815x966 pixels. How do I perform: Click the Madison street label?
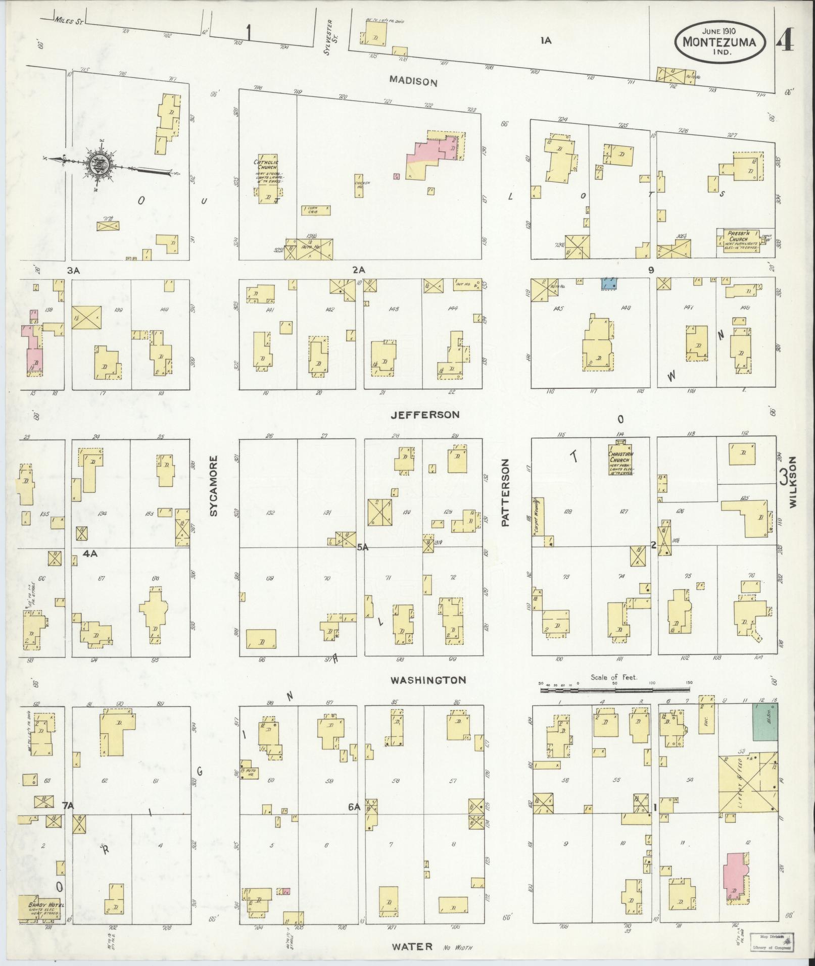[413, 81]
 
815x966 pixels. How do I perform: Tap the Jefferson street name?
[424, 415]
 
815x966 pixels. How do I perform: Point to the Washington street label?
[427, 680]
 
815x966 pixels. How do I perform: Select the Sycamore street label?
[213, 486]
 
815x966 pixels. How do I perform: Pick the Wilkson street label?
[792, 482]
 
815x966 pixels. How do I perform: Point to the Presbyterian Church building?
[739, 241]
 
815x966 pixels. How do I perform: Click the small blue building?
[610, 283]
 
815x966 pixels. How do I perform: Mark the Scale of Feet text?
[614, 677]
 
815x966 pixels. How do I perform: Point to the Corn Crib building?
[316, 210]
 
